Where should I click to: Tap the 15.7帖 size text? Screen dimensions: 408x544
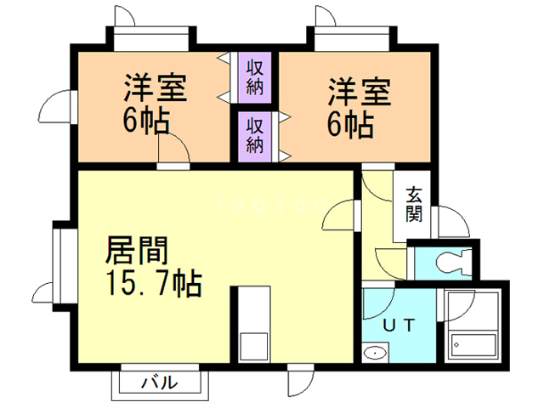153,282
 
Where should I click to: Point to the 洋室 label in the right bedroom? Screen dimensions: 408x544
360,92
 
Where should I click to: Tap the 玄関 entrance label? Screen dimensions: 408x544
414,203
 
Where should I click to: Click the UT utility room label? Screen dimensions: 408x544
399,324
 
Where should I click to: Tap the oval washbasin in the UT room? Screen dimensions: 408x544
374,353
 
